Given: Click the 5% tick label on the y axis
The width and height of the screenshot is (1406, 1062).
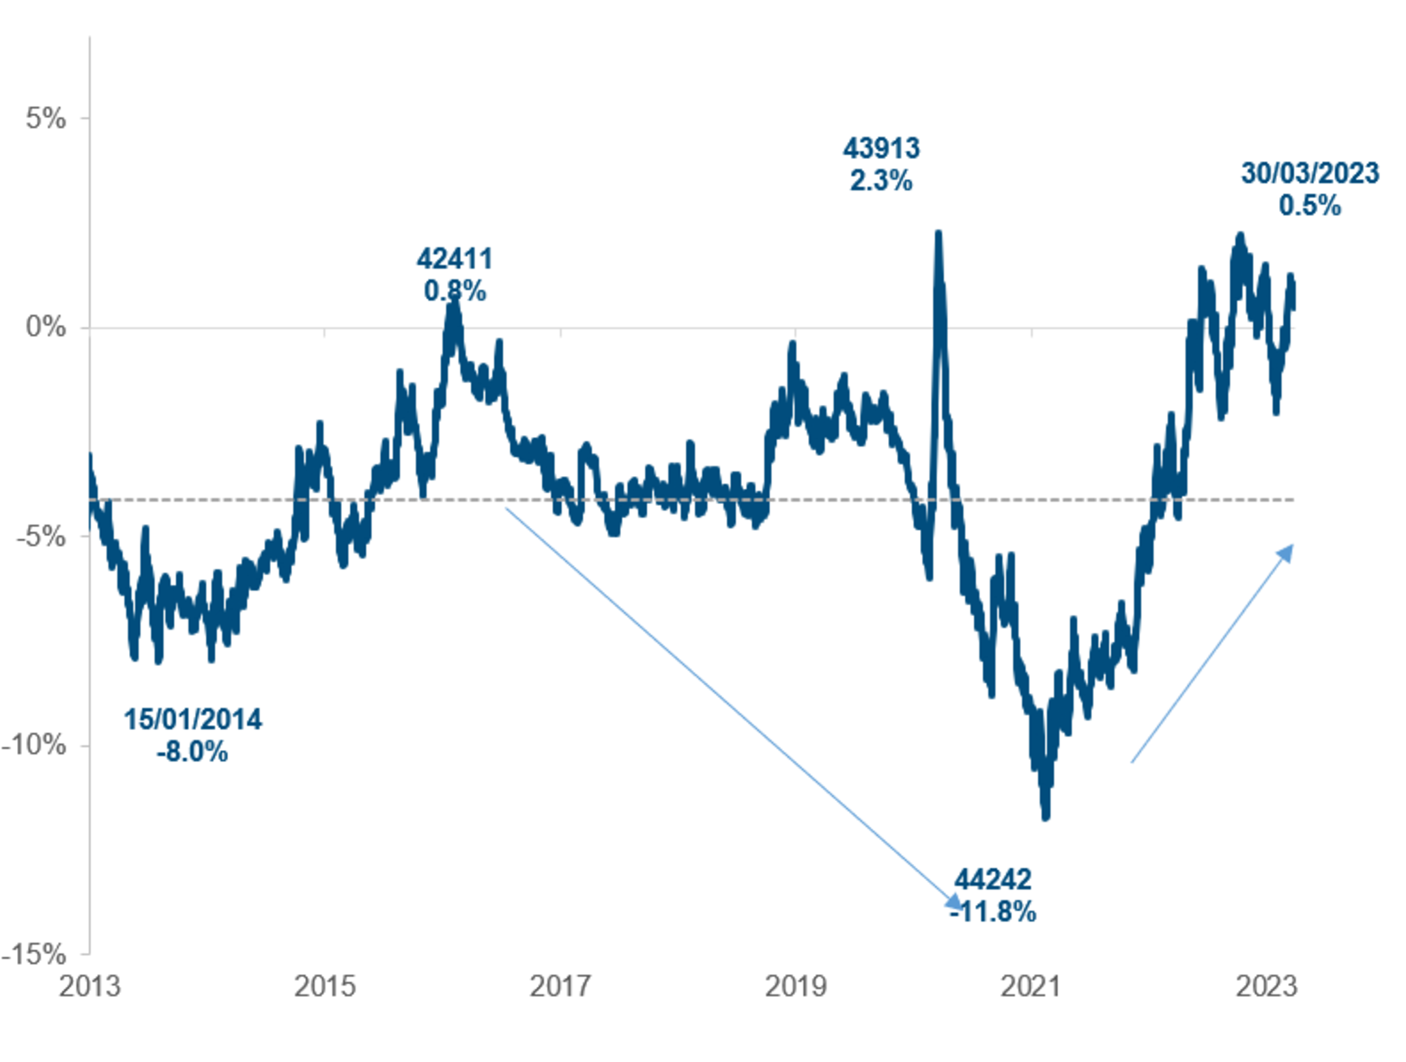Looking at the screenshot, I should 46,118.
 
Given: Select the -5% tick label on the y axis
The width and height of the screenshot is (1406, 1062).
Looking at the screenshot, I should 42,536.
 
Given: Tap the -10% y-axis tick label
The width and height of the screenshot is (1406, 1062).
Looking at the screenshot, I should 35,744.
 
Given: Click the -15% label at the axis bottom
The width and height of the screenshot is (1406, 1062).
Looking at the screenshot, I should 35,953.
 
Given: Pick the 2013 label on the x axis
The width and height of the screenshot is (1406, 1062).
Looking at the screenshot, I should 89,986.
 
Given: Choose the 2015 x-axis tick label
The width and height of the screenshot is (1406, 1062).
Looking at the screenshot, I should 325,986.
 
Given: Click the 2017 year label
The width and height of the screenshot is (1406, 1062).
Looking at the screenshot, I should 560,986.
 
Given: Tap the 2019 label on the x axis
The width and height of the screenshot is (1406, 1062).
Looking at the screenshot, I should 796,986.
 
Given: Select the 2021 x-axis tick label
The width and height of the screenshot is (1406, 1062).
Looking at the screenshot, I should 1031,986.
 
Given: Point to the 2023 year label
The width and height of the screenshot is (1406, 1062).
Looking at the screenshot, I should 1267,986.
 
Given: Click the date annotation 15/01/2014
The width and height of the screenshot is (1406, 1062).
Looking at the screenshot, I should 192,719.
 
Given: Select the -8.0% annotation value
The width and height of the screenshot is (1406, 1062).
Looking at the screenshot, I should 192,752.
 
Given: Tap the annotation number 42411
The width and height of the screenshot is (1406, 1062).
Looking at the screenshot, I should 455,259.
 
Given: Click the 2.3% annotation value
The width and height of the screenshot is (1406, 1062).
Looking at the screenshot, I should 881,181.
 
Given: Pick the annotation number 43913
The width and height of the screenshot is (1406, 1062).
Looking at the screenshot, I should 881,148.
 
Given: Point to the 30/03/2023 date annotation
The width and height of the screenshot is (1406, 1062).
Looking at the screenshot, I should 1310,173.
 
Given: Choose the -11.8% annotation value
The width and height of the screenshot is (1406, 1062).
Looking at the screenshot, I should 993,912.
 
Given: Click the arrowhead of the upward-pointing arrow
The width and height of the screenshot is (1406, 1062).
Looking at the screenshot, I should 1286,552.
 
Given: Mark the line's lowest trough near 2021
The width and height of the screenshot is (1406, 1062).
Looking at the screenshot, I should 1046,815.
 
